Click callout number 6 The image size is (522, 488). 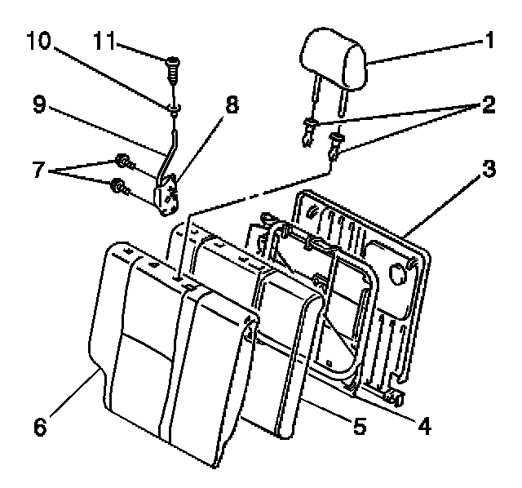[39, 425]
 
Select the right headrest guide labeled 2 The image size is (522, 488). [335, 148]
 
